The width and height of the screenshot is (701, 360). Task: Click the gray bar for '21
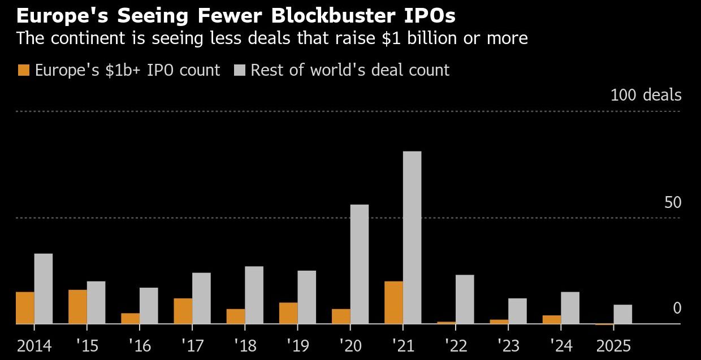pos(412,237)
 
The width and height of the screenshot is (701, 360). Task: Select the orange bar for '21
pos(393,302)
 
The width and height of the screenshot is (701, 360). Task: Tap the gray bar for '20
pos(360,264)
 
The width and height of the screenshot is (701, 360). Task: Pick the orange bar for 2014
pos(25,307)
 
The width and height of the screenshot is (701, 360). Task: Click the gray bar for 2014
pos(44,288)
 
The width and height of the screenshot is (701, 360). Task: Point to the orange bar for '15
pos(77,306)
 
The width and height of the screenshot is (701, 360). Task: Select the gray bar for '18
pos(254,294)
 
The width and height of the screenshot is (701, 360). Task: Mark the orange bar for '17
pos(183,311)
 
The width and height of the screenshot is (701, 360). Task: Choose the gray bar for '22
pos(465,299)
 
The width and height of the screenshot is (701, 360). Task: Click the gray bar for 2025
pos(622,314)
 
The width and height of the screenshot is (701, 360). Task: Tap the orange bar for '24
pos(552,319)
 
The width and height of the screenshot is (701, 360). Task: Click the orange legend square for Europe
pos(24,70)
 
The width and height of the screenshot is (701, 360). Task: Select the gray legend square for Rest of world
pos(239,70)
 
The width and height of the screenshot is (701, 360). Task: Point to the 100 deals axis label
pos(646,95)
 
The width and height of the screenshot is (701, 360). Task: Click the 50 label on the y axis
pos(673,202)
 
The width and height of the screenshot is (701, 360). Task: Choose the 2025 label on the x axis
pos(613,345)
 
